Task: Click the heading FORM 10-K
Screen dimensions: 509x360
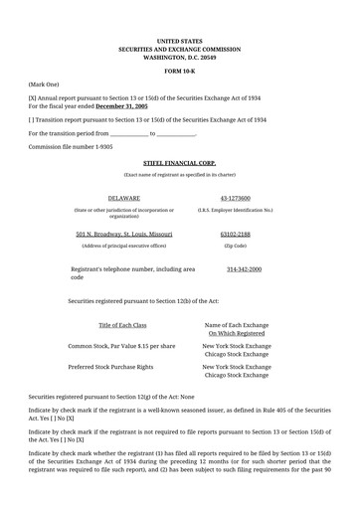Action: (179, 72)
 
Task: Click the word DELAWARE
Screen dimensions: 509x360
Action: (123, 198)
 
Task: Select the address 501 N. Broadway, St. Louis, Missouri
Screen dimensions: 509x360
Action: (123, 233)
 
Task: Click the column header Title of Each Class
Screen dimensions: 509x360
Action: (122, 325)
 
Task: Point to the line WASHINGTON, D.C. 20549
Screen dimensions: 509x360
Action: (179, 56)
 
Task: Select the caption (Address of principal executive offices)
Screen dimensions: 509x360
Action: (123, 245)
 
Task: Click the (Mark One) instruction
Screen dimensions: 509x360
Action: (45, 85)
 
